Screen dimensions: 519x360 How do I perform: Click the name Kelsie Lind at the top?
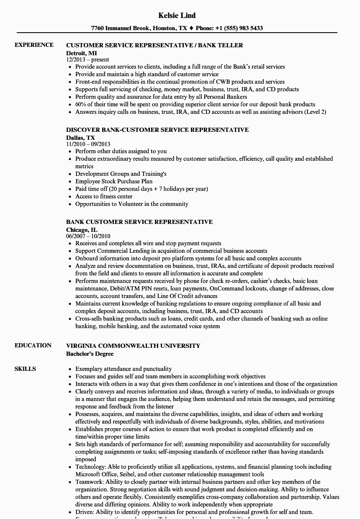pos(177,15)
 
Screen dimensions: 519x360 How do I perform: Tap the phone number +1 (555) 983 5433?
pos(239,28)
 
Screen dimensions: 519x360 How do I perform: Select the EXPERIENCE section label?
pos(34,45)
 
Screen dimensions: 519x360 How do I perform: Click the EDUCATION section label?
pos(33,345)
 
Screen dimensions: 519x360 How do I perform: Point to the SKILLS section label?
pos(25,369)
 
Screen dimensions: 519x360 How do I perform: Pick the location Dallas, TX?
pos(80,137)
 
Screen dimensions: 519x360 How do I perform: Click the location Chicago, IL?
pos(82,229)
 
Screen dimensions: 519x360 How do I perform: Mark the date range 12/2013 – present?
pos(87,59)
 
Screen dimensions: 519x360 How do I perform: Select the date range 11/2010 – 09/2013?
pos(88,144)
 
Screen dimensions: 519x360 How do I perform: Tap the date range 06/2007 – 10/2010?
pos(88,236)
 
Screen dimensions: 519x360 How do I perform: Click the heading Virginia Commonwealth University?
pos(133,346)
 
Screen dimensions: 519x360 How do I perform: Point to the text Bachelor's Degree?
pos(90,353)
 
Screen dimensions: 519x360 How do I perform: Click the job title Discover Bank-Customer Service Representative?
pos(157,130)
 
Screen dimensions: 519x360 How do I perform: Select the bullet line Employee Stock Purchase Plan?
pos(114,181)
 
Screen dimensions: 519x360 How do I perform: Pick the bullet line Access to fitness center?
pos(104,196)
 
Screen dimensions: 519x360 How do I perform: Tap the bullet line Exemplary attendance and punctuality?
pos(123,369)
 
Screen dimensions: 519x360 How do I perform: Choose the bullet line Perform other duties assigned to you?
pos(121,151)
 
